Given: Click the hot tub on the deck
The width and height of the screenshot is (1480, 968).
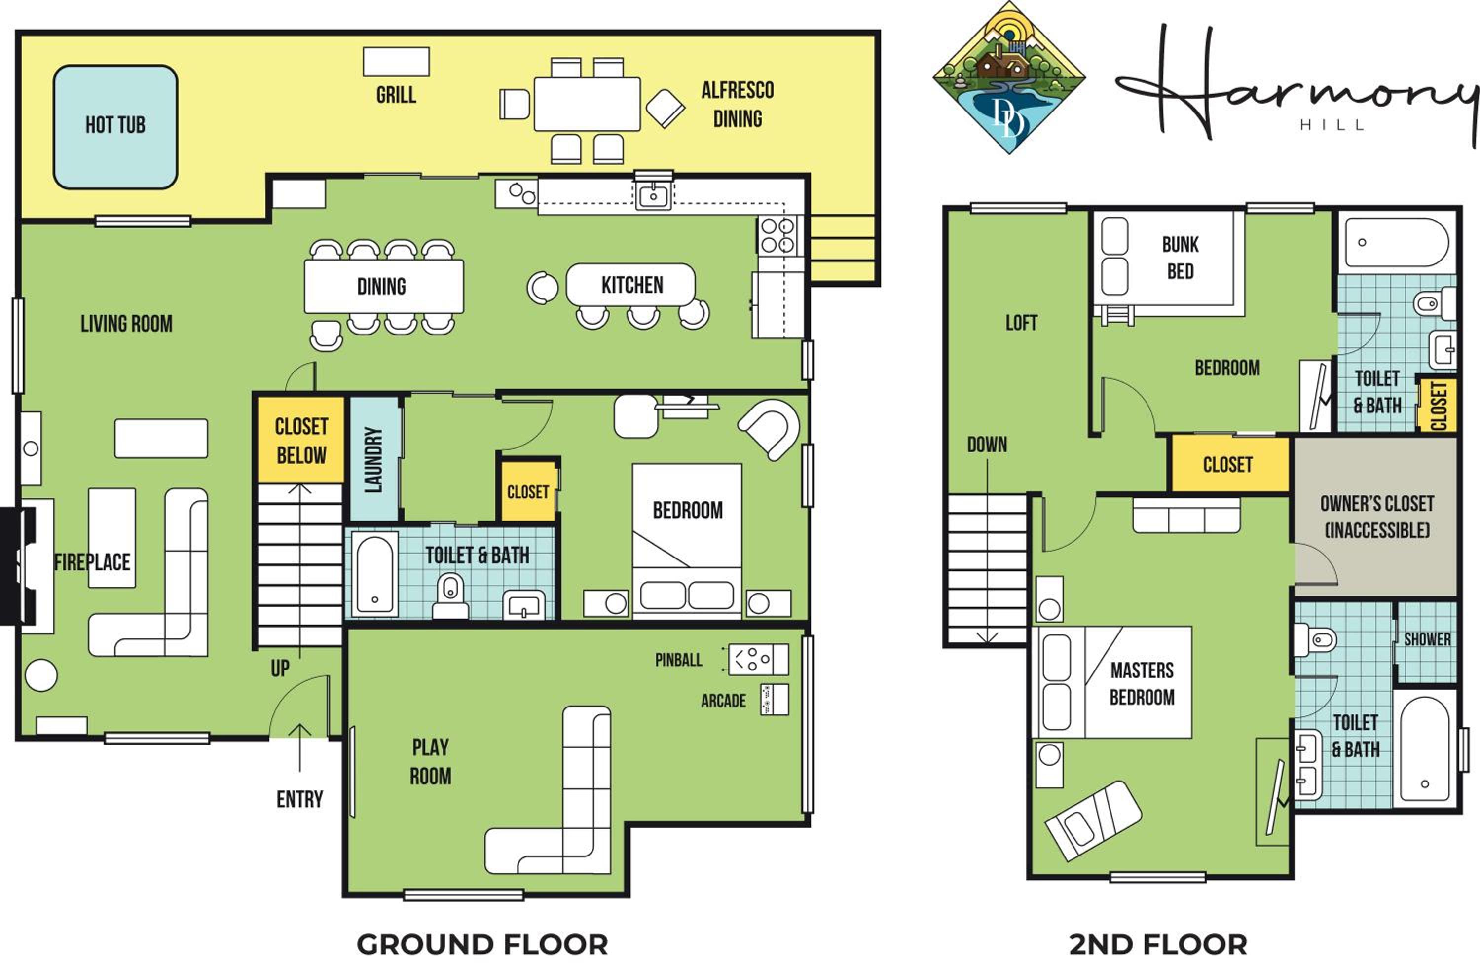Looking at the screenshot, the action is [x=115, y=127].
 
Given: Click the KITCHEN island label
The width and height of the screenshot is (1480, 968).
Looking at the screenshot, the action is [x=632, y=285].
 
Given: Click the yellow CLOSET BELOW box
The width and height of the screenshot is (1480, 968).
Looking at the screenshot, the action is [x=301, y=440].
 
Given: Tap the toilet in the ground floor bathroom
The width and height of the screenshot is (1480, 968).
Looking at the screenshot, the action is [x=451, y=596].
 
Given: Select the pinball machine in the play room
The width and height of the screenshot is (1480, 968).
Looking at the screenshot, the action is [x=758, y=660].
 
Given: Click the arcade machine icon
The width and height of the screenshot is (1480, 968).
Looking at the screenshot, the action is [x=774, y=700].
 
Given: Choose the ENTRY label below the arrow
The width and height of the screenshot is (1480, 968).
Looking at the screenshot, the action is [x=300, y=799].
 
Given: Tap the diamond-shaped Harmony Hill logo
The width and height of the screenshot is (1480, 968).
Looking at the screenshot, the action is [x=1009, y=78].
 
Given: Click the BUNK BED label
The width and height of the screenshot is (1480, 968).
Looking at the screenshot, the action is [x=1180, y=258].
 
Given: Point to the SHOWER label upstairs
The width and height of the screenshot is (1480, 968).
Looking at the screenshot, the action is [x=1427, y=639].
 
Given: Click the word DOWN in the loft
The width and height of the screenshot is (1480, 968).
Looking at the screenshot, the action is [x=987, y=445].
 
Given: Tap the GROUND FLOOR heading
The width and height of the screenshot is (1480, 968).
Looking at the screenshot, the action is [x=482, y=945].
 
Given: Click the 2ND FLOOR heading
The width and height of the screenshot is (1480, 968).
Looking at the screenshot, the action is [x=1158, y=945].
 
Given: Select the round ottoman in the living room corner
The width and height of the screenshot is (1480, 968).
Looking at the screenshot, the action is [x=41, y=674].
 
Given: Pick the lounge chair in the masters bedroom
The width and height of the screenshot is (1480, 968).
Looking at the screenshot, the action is [x=1093, y=820].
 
